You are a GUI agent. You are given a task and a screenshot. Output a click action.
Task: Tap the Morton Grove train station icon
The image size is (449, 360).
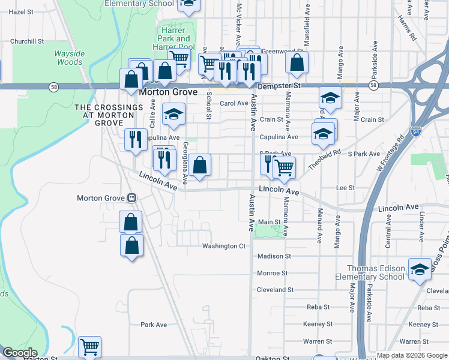pos(131,198)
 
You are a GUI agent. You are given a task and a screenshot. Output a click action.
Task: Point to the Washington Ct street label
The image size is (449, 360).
pos(224,246)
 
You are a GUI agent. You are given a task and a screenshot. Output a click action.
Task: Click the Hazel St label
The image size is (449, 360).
pos(20,11)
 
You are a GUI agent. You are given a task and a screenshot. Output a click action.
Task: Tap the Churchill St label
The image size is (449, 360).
pos(28,42)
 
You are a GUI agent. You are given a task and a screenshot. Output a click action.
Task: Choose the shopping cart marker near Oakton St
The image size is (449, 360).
pos(89,346)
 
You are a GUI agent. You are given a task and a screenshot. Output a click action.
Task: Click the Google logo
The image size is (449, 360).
pos(20,353)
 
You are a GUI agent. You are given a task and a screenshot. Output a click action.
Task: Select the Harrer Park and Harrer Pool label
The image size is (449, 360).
pos(174,43)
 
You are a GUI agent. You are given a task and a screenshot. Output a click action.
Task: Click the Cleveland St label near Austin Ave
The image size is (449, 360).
pos(275,289)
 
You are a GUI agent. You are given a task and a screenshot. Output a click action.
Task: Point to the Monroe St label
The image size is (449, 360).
pos(272,273)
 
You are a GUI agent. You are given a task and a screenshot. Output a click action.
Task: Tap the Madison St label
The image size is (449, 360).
pos(274,256)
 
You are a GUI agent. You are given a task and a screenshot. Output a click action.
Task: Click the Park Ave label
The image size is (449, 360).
pos(154,325)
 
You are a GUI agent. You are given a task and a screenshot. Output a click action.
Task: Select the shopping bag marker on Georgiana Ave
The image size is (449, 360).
pos(201,165)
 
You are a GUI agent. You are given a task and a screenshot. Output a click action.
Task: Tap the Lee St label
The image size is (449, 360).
pos(345,188)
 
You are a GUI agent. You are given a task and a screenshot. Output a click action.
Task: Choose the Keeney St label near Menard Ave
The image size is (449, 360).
pos(318,324)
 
